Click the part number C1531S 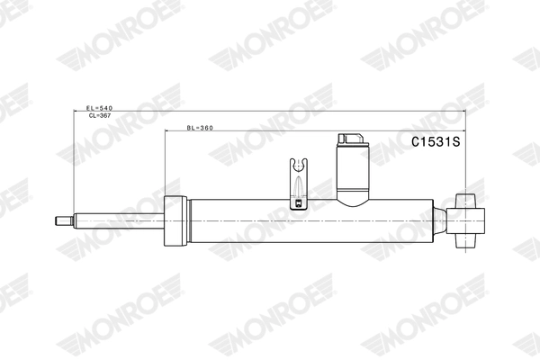[x=436, y=141]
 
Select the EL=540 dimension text [x=99, y=108]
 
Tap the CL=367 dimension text [x=100, y=116]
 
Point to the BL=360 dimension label [x=200, y=128]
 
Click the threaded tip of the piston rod [x=64, y=220]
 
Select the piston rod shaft [x=119, y=220]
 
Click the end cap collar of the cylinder [x=175, y=220]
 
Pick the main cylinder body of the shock [x=311, y=220]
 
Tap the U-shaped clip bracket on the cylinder [x=298, y=184]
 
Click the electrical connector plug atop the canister [x=351, y=139]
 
